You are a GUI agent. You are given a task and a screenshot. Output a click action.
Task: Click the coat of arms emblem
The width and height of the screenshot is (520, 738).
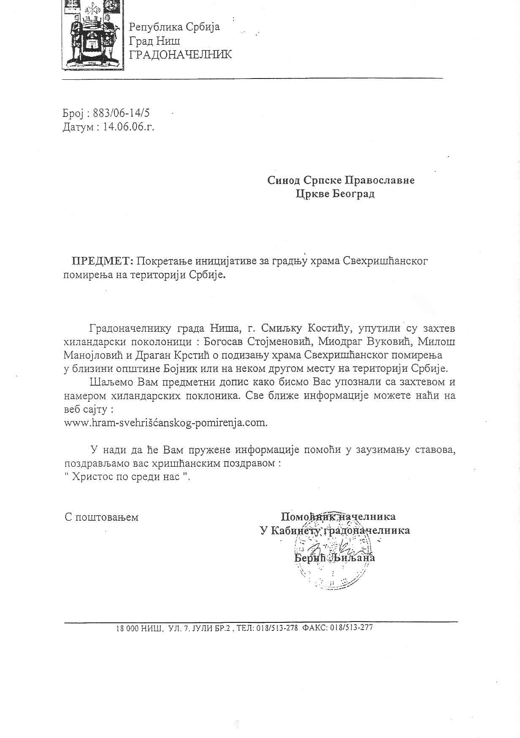[93, 35]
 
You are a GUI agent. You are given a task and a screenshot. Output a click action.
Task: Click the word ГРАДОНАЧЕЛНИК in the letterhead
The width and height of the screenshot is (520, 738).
[180, 54]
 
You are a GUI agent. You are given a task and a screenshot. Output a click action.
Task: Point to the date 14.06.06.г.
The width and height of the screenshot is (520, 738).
[129, 127]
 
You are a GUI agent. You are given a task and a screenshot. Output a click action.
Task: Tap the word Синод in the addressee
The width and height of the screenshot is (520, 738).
[284, 180]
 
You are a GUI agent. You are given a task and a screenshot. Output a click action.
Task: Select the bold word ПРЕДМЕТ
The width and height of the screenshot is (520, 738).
[102, 261]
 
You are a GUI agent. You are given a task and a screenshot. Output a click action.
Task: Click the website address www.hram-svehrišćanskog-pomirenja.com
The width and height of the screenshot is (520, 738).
[165, 422]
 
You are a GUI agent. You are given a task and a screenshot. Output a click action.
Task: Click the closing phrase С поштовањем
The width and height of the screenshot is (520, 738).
[102, 517]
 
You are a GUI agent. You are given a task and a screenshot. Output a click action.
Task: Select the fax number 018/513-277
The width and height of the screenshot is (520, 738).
[352, 627]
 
